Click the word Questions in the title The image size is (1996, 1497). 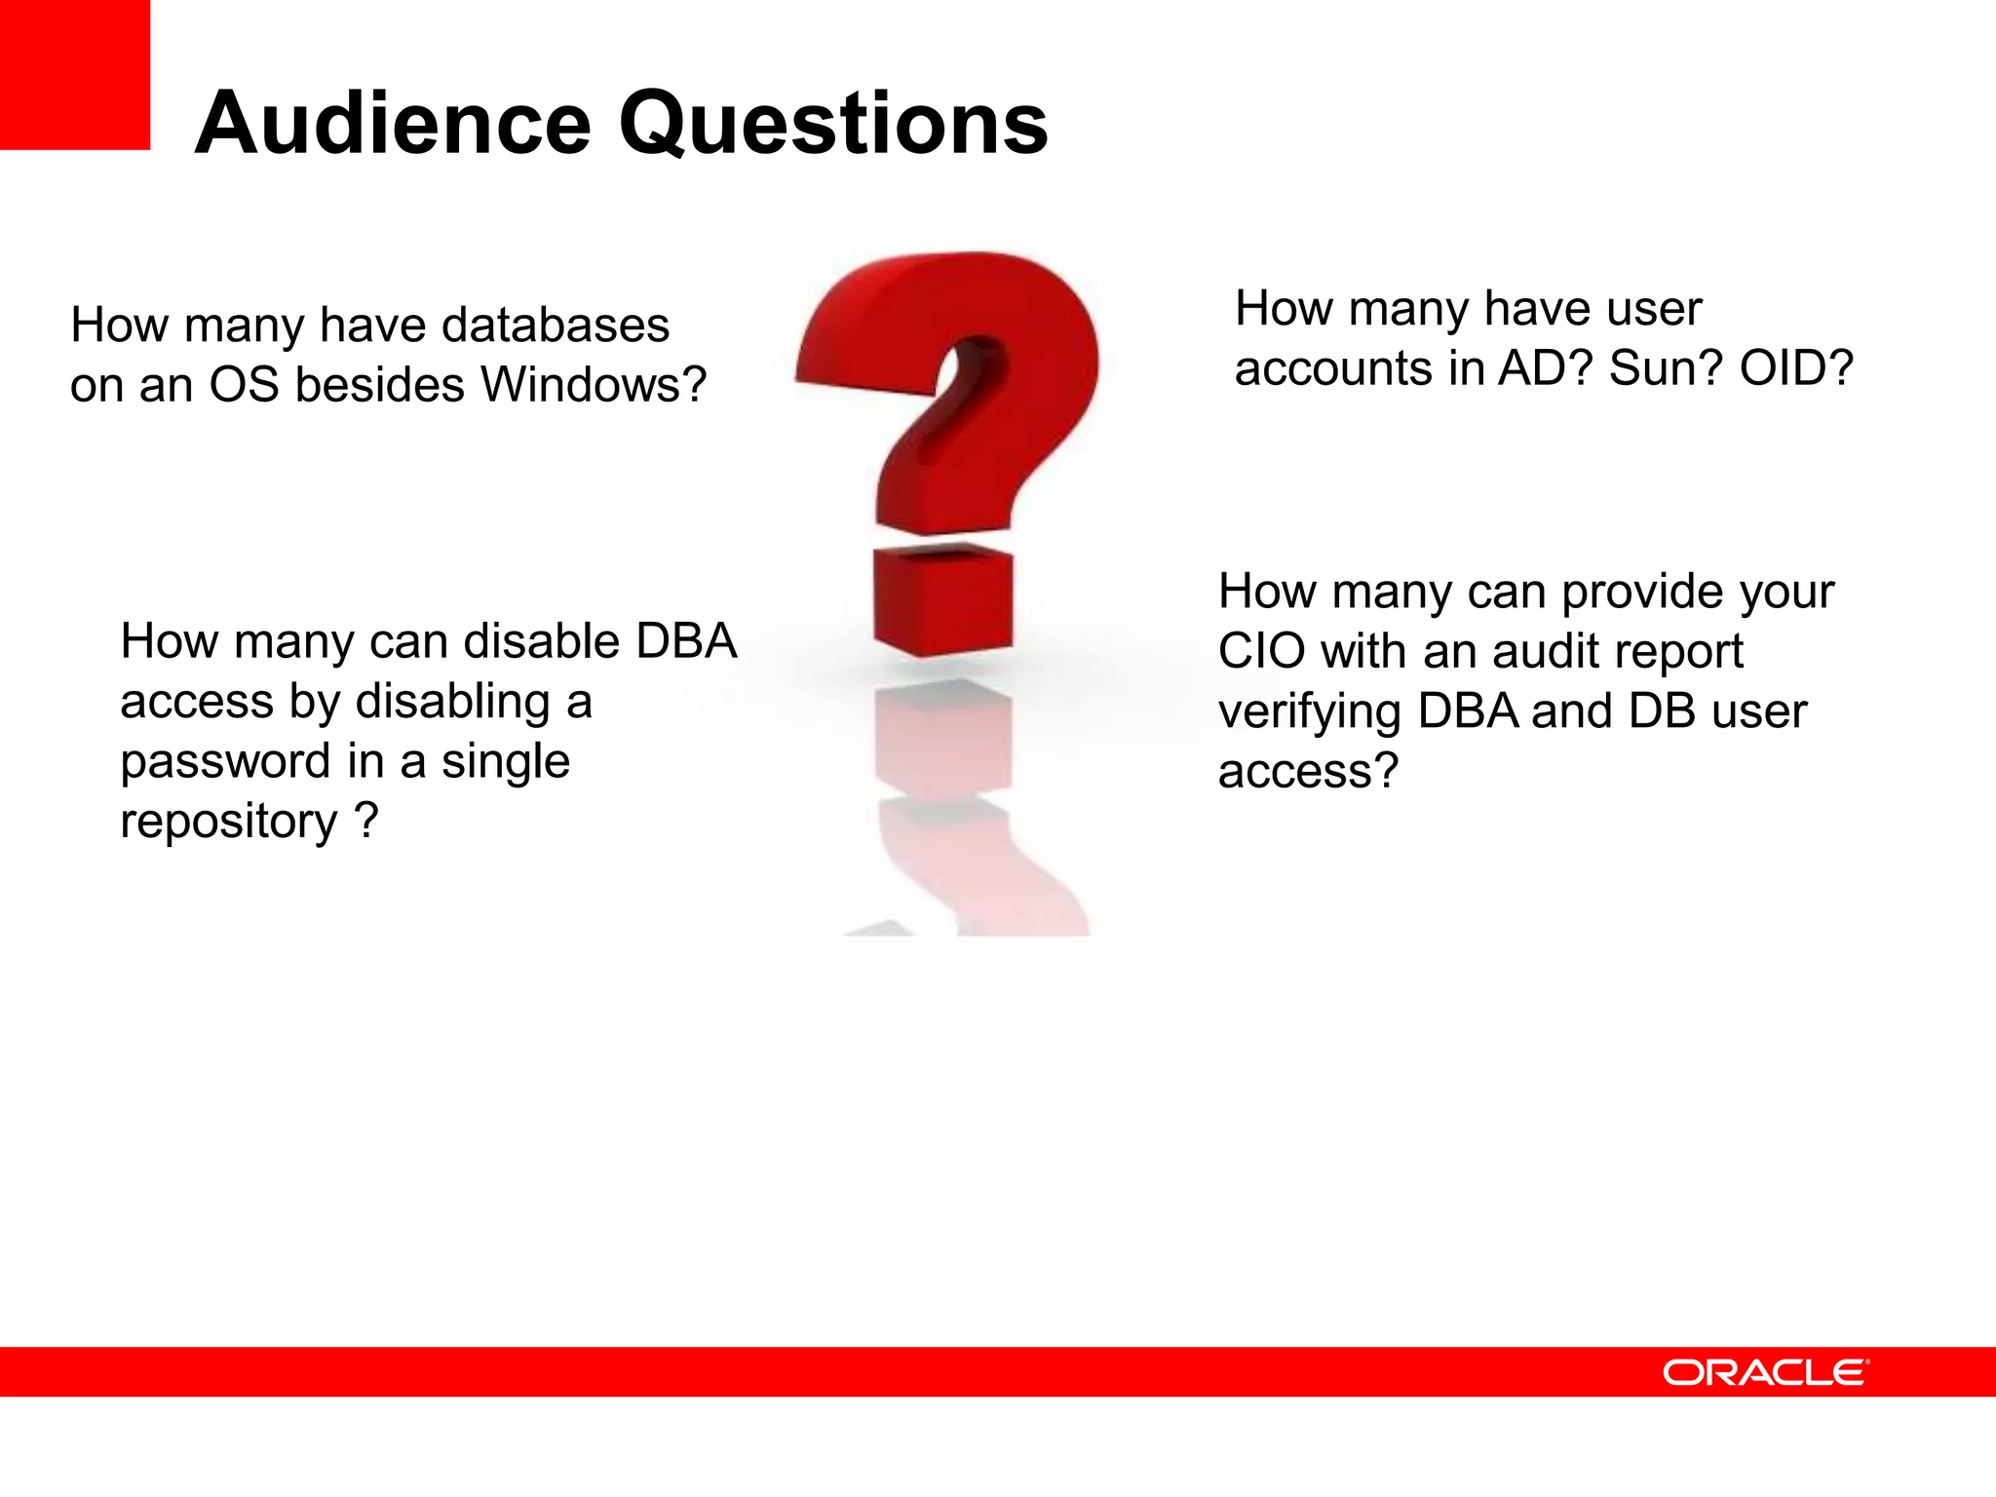833,124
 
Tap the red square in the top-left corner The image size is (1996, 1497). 74,74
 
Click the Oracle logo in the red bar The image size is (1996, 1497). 1765,1372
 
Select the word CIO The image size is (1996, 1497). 1262,651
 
